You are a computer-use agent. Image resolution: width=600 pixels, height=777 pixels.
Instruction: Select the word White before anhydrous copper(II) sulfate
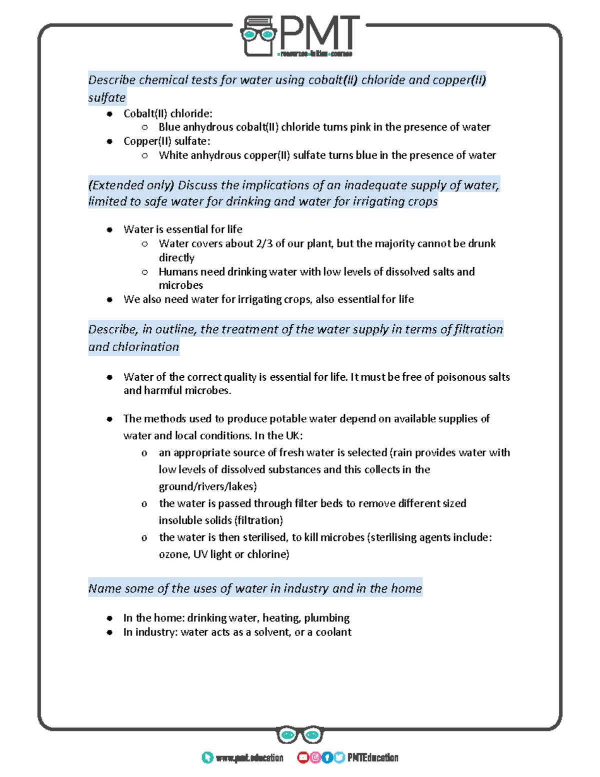[173, 155]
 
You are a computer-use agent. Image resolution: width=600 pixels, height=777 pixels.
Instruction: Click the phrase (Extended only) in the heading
[131, 185]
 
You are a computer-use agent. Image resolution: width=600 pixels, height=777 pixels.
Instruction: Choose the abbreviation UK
[292, 436]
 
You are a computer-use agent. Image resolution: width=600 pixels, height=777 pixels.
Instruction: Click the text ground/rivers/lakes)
[207, 487]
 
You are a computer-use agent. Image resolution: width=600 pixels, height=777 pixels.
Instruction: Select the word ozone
[173, 554]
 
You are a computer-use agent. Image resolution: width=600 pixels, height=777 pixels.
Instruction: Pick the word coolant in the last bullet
[333, 632]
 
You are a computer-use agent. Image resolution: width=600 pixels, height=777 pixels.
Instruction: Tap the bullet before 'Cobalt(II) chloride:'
[109, 114]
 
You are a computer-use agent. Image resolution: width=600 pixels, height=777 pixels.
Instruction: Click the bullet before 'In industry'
[109, 632]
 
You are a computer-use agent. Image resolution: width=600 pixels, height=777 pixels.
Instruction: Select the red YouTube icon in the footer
[302, 757]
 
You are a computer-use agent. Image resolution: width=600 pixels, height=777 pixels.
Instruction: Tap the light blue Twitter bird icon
[339, 757]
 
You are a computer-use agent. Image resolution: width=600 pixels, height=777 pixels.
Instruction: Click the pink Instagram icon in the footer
[315, 757]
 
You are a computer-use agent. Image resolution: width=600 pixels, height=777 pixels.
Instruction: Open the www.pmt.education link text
[249, 758]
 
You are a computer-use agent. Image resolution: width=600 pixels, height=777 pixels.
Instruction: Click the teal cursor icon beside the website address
[207, 757]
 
